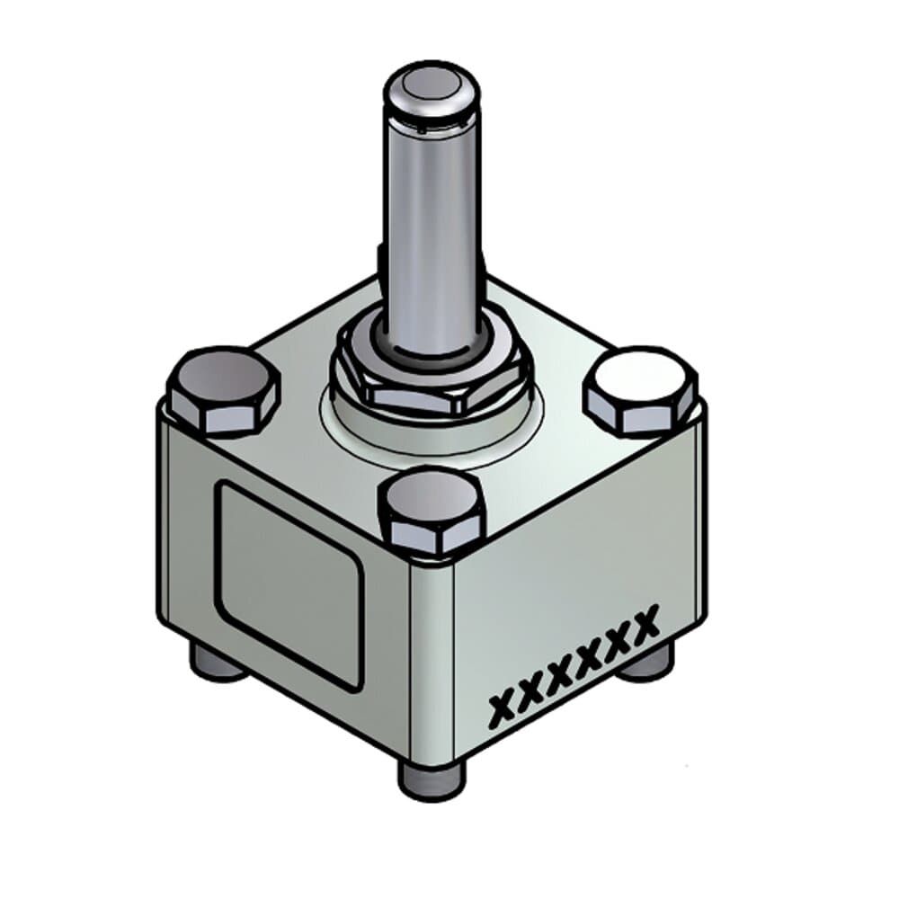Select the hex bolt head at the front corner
432,505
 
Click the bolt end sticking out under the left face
217,664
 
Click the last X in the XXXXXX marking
645,619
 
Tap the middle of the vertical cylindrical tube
429,225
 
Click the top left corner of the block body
165,406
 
